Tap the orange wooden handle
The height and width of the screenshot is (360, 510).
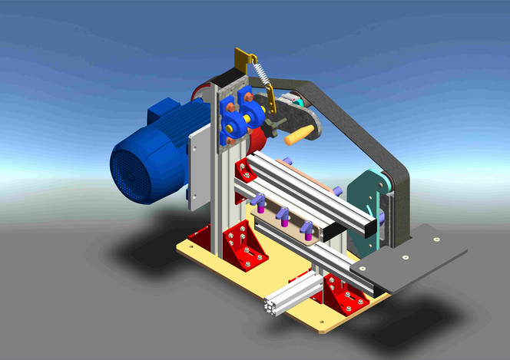click(x=299, y=137)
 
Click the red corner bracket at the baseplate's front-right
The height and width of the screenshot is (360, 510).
click(x=343, y=295)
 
